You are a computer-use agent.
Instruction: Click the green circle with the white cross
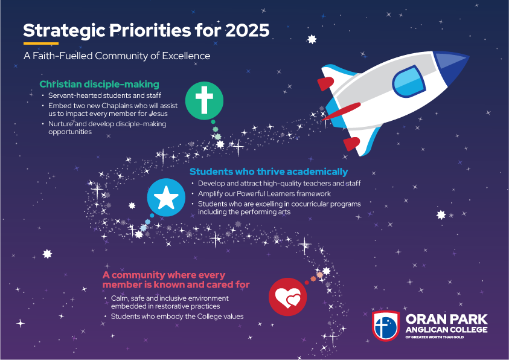pos(204,101)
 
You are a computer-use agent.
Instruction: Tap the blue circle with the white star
pos(166,198)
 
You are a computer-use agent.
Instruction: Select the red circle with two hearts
pos(287,297)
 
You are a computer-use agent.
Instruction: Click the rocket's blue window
pos(409,82)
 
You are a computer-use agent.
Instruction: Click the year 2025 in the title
pos(247,31)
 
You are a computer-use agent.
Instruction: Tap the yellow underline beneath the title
pos(41,43)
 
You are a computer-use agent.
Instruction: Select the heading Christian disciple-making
pos(100,84)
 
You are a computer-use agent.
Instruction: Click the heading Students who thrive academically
pos(269,172)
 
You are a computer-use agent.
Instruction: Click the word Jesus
pos(159,114)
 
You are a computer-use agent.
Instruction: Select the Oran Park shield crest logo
pos(386,326)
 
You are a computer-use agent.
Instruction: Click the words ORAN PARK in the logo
pos(446,319)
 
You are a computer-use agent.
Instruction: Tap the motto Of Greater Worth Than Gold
pos(434,337)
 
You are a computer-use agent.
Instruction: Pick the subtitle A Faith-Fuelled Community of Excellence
pos(117,56)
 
